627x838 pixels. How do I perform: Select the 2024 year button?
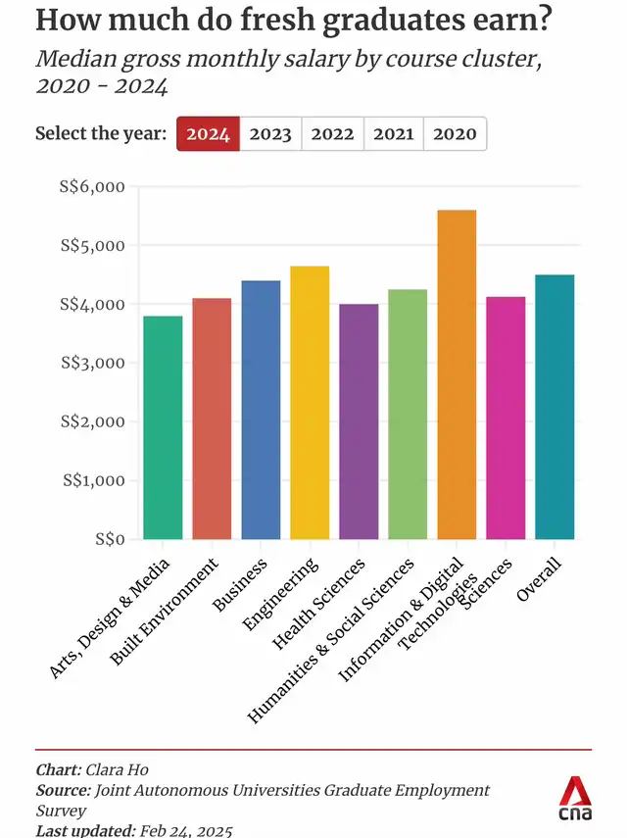[208, 134]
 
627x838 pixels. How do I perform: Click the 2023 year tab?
[270, 134]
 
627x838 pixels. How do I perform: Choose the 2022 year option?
[332, 134]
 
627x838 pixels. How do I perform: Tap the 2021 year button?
[394, 134]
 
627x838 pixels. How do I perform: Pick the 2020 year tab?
[455, 134]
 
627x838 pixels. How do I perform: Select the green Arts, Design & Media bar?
[163, 427]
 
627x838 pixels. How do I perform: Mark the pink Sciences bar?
[506, 418]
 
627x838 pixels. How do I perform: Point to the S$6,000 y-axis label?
[96, 186]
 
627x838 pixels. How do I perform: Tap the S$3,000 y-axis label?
[96, 363]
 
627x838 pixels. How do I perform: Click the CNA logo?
[574, 799]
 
